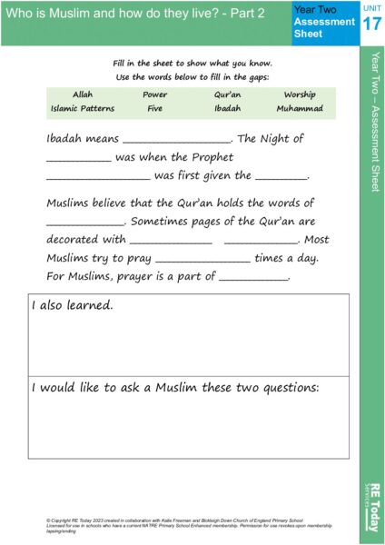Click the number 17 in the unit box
[371, 25]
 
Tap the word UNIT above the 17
[371, 7]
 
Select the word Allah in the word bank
[83, 94]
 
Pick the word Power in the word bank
[154, 94]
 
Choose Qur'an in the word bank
[227, 94]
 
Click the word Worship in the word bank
[299, 94]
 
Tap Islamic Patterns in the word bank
[83, 108]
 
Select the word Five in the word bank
[154, 108]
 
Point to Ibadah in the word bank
[227, 108]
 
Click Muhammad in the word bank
[299, 108]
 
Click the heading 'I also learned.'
[73, 306]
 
